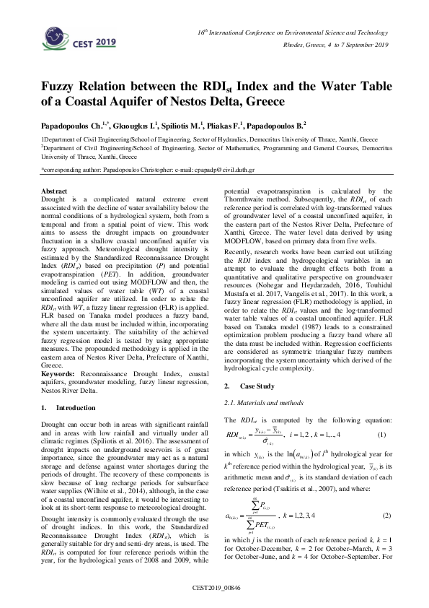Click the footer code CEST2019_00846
[x=215, y=588]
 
